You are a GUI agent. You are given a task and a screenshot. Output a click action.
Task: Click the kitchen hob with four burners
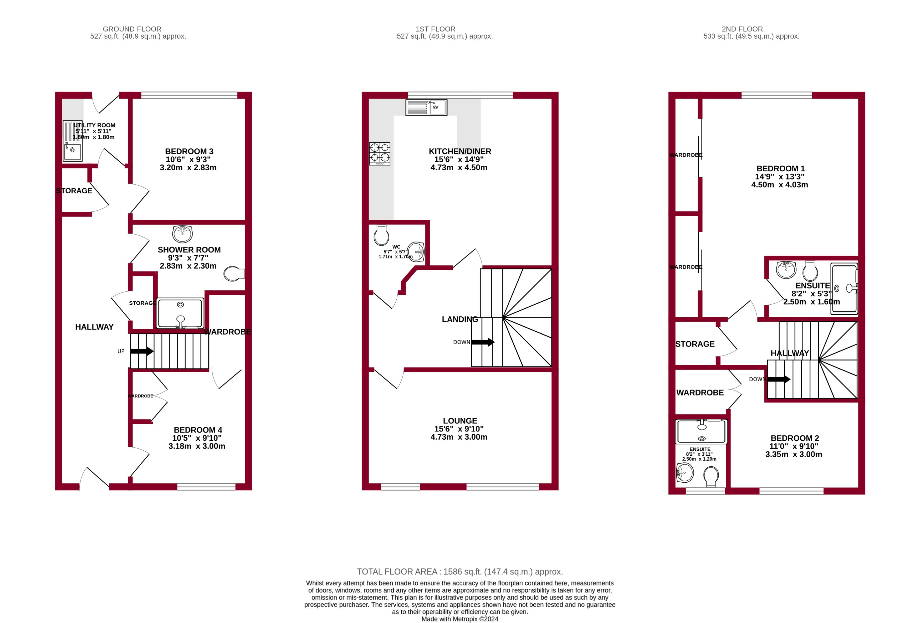(x=379, y=153)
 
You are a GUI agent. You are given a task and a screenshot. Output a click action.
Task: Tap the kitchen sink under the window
(x=426, y=107)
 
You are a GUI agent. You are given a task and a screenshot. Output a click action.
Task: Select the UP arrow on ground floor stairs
(x=142, y=351)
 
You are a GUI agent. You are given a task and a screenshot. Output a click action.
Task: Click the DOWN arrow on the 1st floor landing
(x=483, y=342)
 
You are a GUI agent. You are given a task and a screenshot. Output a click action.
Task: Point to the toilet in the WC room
(x=381, y=236)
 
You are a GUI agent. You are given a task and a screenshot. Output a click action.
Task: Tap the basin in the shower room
(x=182, y=234)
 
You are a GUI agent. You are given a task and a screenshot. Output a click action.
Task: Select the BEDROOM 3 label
(x=189, y=151)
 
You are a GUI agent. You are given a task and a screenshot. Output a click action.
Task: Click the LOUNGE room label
(x=459, y=421)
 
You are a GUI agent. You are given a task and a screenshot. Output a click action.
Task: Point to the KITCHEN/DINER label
(x=459, y=151)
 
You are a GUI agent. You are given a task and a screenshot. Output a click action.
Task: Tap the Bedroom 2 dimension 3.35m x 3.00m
(x=793, y=454)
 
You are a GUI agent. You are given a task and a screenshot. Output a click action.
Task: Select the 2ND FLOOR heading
(x=742, y=29)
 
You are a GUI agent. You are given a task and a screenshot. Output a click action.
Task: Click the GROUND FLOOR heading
(x=132, y=29)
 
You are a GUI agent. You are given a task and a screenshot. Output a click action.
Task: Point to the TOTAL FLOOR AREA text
(x=459, y=571)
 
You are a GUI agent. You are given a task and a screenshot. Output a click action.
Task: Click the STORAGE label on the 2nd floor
(x=695, y=344)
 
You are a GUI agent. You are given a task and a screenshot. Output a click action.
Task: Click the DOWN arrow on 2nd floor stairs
(x=779, y=379)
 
